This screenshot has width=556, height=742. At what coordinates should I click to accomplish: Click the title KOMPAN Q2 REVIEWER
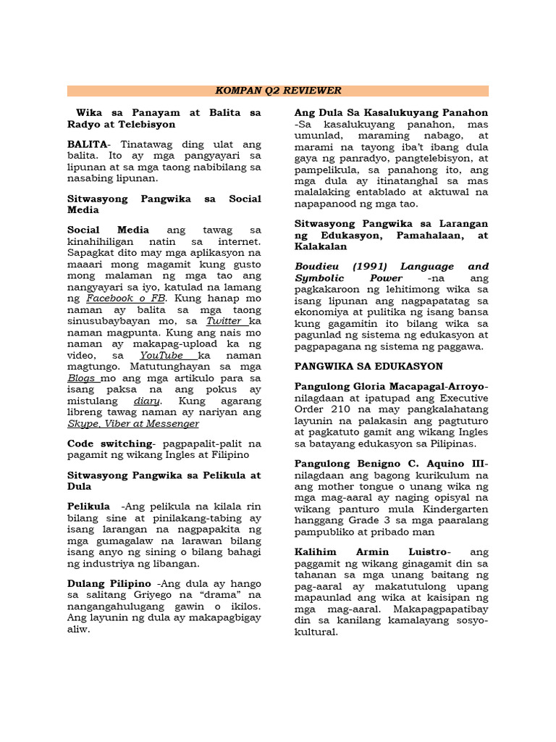click(278, 91)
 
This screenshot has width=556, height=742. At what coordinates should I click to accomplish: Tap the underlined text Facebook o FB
click(126, 298)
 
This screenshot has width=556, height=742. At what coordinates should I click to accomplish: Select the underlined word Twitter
click(225, 321)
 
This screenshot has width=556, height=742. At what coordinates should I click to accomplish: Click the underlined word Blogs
click(83, 378)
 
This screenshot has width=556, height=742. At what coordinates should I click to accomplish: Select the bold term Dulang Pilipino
click(109, 583)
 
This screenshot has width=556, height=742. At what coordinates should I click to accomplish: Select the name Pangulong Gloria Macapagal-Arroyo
click(391, 386)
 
